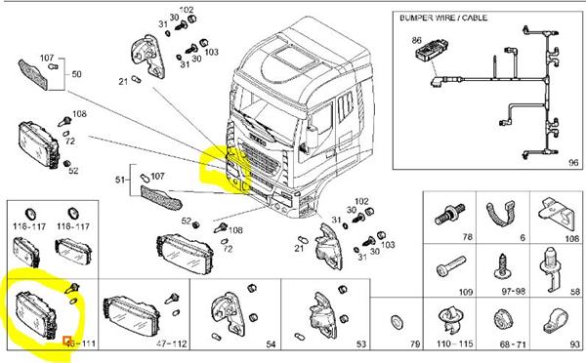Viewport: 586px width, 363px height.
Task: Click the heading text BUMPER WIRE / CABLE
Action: coord(442,19)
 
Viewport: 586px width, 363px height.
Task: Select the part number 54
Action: coord(271,345)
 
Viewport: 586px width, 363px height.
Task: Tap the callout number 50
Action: coord(77,74)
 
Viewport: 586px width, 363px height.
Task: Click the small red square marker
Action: coord(66,341)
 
